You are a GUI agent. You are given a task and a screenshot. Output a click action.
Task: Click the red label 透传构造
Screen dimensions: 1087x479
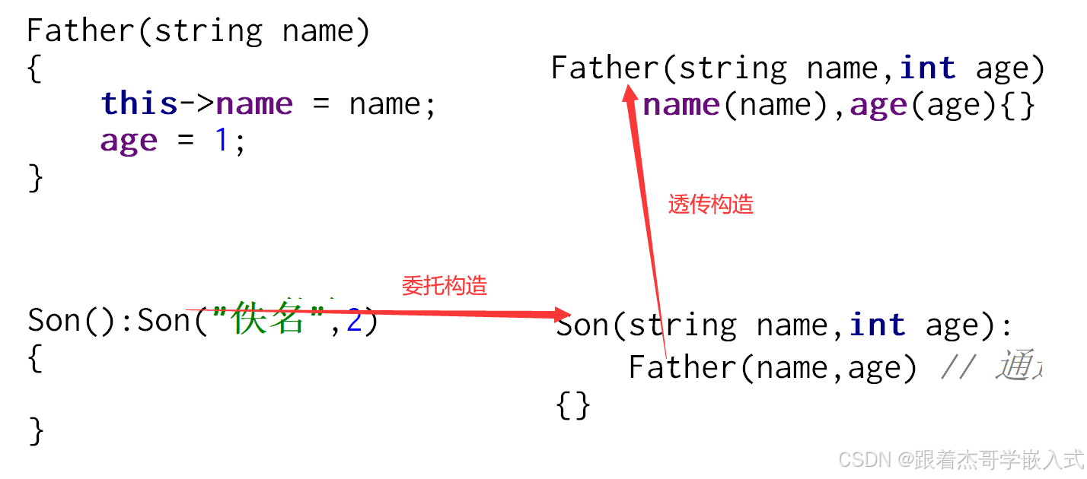pyautogui.click(x=710, y=205)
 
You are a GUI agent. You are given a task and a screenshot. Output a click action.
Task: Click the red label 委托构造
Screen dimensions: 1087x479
pyautogui.click(x=444, y=286)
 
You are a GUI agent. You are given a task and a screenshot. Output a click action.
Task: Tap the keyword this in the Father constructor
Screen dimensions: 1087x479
pyautogui.click(x=139, y=103)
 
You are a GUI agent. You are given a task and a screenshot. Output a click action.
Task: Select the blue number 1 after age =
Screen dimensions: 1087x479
pyautogui.click(x=222, y=141)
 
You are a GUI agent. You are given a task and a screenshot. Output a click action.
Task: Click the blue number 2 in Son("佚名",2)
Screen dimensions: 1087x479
pyautogui.click(x=354, y=321)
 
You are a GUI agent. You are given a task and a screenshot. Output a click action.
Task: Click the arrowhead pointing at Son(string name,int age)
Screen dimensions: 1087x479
pyautogui.click(x=562, y=314)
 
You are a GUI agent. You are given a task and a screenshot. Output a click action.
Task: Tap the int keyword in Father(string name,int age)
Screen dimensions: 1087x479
pyautogui.click(x=927, y=68)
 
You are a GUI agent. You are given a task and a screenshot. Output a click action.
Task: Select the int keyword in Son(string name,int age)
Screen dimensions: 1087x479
pyautogui.click(x=877, y=325)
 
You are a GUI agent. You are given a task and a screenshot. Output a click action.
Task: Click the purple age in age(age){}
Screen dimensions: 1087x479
pyautogui.click(x=878, y=105)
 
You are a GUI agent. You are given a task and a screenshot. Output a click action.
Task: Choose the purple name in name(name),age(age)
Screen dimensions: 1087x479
pyautogui.click(x=681, y=105)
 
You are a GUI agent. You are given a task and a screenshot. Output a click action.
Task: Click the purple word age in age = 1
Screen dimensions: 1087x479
pyautogui.click(x=129, y=141)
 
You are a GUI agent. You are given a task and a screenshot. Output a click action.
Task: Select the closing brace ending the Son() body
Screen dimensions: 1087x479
pyautogui.click(x=35, y=430)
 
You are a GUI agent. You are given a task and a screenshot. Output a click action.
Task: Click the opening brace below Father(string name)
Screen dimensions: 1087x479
pyautogui.click(x=33, y=69)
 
